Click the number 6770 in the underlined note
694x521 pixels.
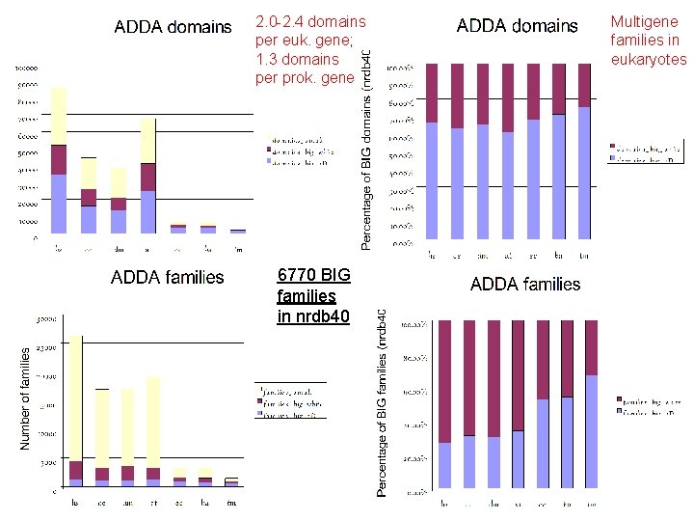[x=296, y=275]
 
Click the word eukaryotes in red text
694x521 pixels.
[x=650, y=59]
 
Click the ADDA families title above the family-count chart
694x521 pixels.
[x=168, y=278]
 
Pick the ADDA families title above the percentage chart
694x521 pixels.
[x=525, y=284]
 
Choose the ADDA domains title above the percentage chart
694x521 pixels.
[x=518, y=26]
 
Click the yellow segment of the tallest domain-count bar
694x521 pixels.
[x=59, y=116]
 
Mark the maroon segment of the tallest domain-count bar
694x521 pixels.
[x=59, y=159]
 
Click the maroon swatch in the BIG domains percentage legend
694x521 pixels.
[x=612, y=150]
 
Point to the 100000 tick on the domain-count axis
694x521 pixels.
[x=27, y=69]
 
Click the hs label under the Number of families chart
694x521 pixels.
[x=75, y=502]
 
